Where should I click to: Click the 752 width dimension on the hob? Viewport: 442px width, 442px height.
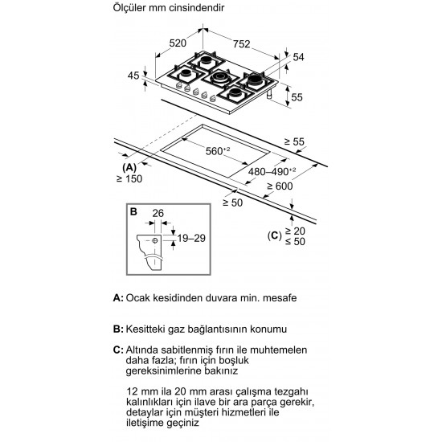(x=242, y=44)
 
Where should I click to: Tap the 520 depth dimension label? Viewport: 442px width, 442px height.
(x=178, y=43)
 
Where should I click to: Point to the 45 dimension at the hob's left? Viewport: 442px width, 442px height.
(x=133, y=76)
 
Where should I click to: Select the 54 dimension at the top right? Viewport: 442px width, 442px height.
(x=298, y=57)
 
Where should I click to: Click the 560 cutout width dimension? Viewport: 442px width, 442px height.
(x=218, y=151)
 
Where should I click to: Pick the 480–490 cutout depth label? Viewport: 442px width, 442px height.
(x=272, y=171)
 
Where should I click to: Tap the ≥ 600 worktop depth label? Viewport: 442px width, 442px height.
(x=280, y=186)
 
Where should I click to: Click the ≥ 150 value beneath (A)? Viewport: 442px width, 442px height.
(x=129, y=178)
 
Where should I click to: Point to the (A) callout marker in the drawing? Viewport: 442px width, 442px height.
(x=129, y=168)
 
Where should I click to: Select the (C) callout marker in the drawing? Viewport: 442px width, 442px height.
(x=275, y=235)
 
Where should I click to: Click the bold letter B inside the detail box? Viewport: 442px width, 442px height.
(x=133, y=211)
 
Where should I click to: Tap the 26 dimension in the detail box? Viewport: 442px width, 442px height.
(x=158, y=214)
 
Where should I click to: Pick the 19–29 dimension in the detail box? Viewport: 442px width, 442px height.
(x=191, y=238)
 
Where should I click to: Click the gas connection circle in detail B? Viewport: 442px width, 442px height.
(x=155, y=240)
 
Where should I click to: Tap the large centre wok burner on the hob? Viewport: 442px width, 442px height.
(x=220, y=77)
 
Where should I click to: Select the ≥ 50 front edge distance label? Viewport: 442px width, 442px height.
(x=233, y=203)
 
